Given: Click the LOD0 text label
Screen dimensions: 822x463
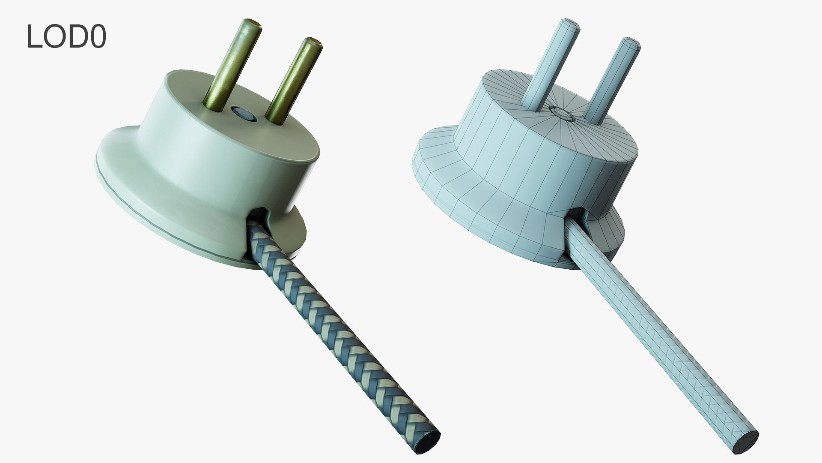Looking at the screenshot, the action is (66, 37).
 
